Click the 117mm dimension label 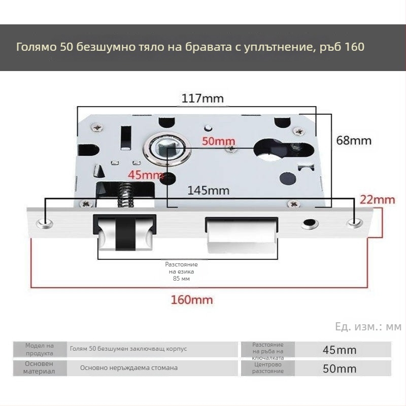click(202, 98)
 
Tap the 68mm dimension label click(354, 141)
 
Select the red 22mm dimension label click(378, 199)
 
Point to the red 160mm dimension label click(192, 300)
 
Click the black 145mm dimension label click(209, 191)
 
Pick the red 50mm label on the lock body click(219, 141)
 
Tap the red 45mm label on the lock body click(146, 175)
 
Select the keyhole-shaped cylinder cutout click(283, 150)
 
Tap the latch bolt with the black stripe click(125, 233)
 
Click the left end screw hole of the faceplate click(45, 223)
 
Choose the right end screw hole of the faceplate click(355, 223)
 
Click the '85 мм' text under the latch click(181, 279)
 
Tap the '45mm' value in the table click(340, 350)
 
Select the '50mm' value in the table click(340, 369)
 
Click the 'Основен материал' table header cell click(40, 367)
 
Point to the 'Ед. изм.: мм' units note click(368, 327)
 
